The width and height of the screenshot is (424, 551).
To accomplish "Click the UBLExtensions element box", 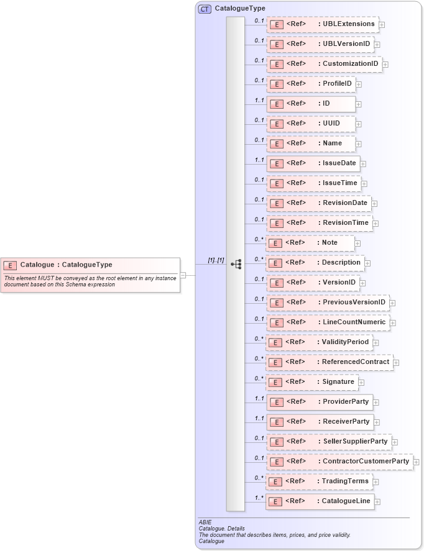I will coord(322,24).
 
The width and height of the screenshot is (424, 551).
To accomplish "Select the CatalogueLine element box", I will coord(320,501).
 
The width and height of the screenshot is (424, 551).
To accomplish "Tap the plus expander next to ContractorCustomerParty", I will coord(417,462).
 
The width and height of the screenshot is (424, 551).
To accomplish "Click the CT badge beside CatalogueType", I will coord(205,9).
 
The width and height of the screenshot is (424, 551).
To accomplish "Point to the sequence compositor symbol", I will coord(236,264).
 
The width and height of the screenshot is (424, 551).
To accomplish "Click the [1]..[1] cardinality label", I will coord(216,260).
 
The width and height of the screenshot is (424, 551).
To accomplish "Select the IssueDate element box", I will coord(313,163).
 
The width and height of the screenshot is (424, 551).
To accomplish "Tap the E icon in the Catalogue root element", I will coord(10,265).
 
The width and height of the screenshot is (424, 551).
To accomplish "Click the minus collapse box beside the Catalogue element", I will coord(183,275).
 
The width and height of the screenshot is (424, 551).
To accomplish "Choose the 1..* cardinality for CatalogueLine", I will coord(259,498).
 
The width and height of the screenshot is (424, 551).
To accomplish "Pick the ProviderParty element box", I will coord(319,402).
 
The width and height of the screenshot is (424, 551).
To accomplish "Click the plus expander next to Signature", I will coord(361,382).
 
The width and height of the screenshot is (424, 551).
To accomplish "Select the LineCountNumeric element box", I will coord(328,322).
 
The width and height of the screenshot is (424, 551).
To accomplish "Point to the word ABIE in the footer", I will coord(205,522).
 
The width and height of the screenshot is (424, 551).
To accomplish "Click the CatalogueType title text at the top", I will coord(240,9).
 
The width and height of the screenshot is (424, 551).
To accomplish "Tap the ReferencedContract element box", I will coord(329,362).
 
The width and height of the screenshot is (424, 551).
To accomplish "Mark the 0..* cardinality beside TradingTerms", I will coord(259,478).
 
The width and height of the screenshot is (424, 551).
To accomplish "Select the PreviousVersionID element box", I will coord(328,303).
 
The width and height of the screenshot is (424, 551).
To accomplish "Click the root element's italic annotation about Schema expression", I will coord(90,281).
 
